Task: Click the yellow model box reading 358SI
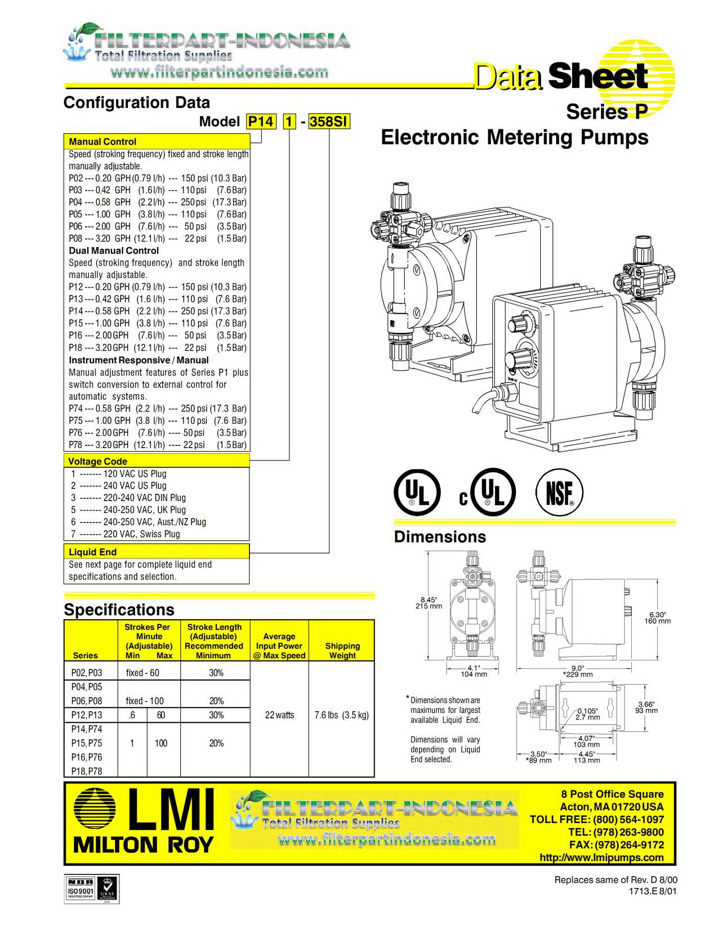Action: [329, 122]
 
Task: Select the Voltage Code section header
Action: [98, 462]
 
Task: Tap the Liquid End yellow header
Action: [93, 552]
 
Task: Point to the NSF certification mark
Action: [559, 494]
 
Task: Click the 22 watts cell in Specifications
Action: [279, 715]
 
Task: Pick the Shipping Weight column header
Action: [342, 650]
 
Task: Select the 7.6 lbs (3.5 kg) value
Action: [341, 715]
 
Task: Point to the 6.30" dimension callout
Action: [658, 615]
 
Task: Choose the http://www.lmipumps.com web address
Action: [601, 857]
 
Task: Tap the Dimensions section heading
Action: [440, 537]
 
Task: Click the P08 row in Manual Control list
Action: [158, 238]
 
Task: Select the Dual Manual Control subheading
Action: [114, 251]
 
